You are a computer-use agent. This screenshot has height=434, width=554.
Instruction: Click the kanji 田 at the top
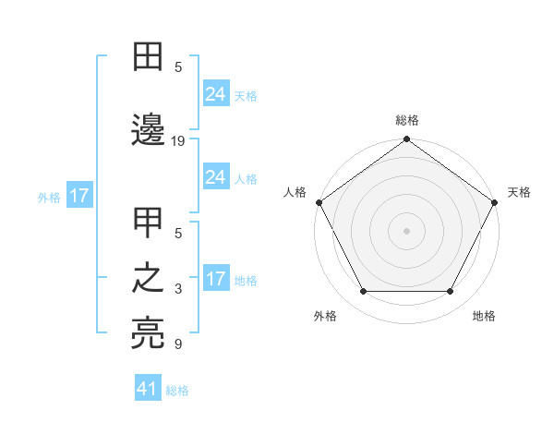click(149, 57)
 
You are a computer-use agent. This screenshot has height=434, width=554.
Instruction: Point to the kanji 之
click(149, 279)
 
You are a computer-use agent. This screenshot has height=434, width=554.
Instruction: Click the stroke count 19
click(179, 141)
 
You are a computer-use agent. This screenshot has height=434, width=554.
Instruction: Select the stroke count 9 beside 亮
click(178, 345)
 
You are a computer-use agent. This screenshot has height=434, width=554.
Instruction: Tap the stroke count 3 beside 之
click(178, 289)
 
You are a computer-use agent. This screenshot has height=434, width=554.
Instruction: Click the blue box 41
click(148, 389)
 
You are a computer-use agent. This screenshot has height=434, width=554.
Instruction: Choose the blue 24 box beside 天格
click(216, 94)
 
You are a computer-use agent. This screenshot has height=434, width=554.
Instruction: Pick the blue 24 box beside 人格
click(216, 177)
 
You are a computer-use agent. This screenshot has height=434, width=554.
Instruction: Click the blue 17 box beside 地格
click(216, 279)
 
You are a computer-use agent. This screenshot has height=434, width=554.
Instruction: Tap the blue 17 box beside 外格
click(78, 196)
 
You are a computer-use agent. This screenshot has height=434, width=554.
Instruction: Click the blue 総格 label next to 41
click(177, 391)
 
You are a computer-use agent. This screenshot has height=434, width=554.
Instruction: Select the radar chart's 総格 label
click(406, 120)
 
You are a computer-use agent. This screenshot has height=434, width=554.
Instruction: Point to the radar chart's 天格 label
click(519, 192)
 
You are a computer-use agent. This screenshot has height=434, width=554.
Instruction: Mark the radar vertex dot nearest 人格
click(318, 202)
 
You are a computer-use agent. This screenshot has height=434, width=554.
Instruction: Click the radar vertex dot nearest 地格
click(451, 292)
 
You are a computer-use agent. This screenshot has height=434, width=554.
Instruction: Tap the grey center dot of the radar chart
click(406, 230)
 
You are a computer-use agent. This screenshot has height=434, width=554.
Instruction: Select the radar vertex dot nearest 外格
click(363, 292)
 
